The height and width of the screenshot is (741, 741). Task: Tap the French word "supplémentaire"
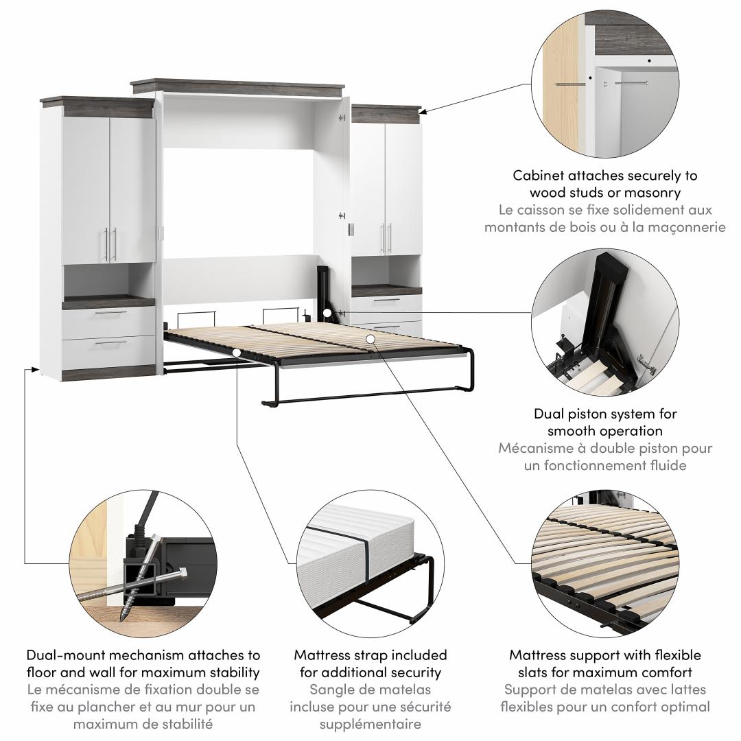[370, 725]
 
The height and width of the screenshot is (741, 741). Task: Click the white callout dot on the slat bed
[370, 339]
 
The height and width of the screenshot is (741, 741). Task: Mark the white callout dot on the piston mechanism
[327, 313]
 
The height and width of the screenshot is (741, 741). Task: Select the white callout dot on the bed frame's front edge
[236, 353]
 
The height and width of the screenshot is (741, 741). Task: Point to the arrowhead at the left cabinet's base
[34, 369]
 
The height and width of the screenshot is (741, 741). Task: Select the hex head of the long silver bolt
[183, 574]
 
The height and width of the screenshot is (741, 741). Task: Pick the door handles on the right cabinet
[386, 239]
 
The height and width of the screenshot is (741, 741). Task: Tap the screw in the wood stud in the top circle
[570, 84]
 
